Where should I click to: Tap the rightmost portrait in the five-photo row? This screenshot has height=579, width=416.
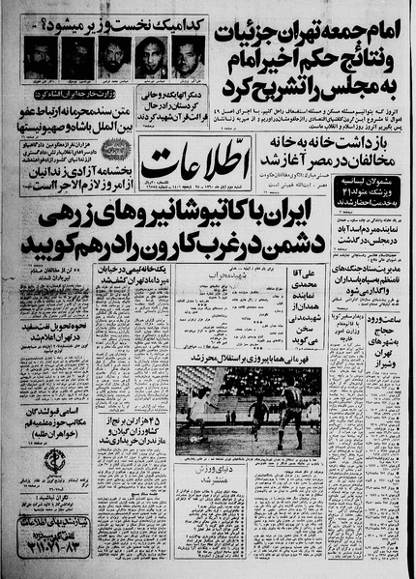click(x=186, y=58)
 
